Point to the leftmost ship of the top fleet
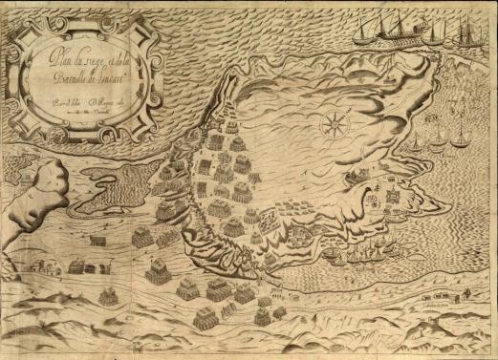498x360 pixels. coord(372,31)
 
